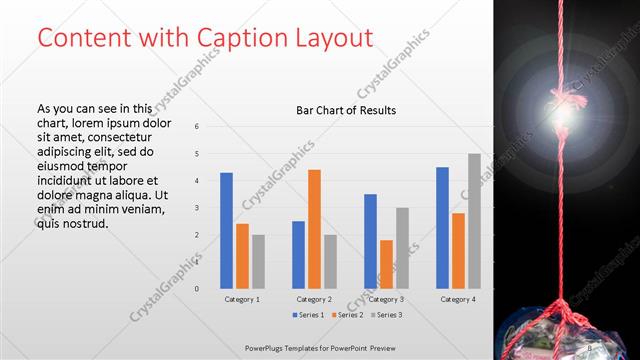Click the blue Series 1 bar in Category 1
coord(226,230)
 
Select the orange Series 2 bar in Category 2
coord(314,229)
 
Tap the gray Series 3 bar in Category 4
coord(474,221)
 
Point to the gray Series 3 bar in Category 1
coord(258,261)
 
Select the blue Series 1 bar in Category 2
coord(298,254)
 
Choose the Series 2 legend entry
coord(347,315)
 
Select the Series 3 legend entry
coord(385,315)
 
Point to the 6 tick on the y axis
coord(196,127)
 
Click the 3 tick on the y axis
coord(196,208)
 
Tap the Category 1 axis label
coord(242,299)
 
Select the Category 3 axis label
coord(386,299)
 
